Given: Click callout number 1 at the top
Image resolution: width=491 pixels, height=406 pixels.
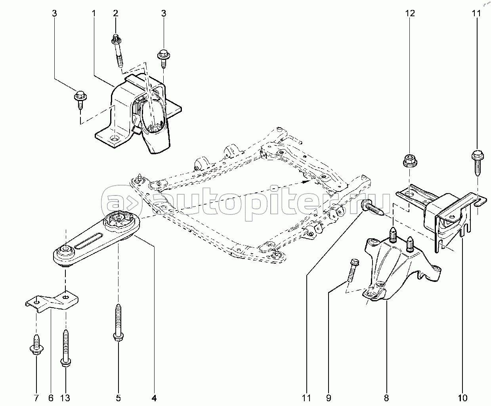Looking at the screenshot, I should click(x=94, y=13).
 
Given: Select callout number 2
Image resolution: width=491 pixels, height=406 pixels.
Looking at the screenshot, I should click(x=116, y=13).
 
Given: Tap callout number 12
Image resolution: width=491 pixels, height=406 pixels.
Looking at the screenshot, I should click(x=410, y=13).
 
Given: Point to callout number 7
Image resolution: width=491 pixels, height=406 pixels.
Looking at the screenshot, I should click(x=36, y=397).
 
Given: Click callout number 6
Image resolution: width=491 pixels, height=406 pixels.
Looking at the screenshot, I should click(x=51, y=397).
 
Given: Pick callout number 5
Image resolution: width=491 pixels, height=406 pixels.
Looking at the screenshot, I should click(x=118, y=397).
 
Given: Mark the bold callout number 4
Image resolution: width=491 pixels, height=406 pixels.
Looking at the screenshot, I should click(x=154, y=397).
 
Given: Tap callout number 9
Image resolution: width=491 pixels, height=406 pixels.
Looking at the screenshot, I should click(x=329, y=397).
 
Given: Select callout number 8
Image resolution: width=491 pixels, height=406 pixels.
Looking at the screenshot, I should click(x=386, y=397).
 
